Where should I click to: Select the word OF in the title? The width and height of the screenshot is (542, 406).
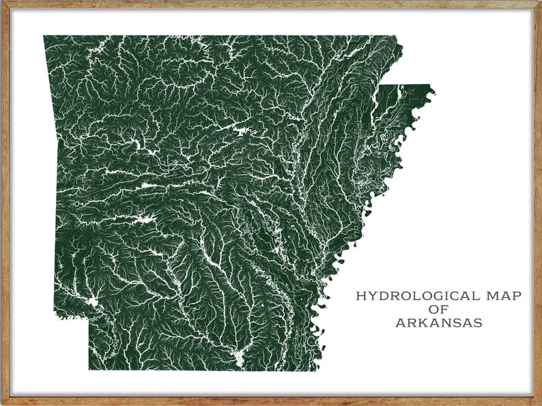[438, 310]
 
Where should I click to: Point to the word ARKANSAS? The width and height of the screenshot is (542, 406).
[438, 323]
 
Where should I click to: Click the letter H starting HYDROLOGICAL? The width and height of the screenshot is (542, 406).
[360, 296]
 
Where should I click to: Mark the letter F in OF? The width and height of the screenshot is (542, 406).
[444, 310]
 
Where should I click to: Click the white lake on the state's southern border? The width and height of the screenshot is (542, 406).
[238, 357]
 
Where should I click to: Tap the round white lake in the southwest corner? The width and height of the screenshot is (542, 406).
[92, 302]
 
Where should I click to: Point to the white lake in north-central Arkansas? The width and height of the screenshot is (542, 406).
[240, 130]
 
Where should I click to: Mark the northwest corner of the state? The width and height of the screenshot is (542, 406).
[44, 36]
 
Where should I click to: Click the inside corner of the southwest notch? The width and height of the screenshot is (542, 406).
[89, 318]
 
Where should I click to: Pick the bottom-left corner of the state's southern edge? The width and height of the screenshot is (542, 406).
[89, 370]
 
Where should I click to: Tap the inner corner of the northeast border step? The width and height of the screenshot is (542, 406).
[380, 85]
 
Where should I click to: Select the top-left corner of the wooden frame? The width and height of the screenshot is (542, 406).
[1, 1]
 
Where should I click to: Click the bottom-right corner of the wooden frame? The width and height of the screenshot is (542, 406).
[540, 404]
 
